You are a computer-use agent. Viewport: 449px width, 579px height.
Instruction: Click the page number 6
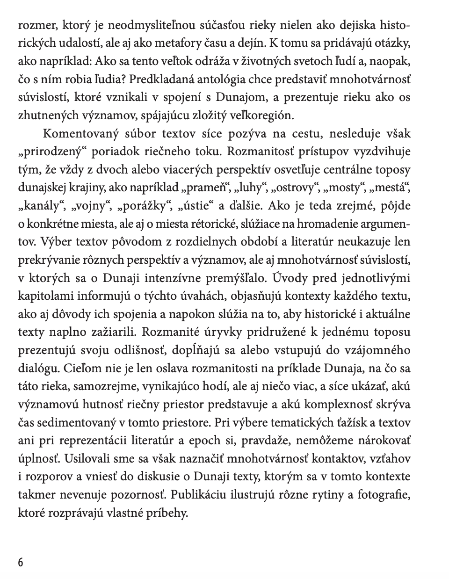point(20,561)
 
